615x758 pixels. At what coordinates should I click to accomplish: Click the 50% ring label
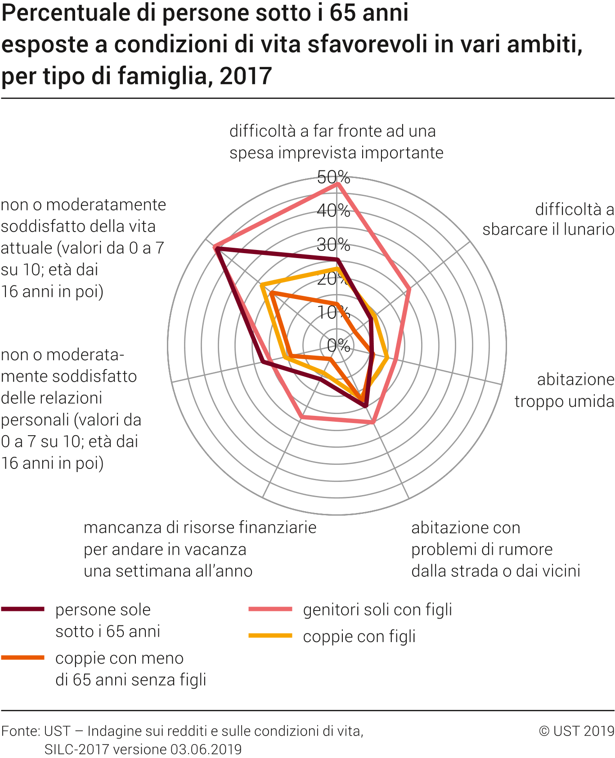point(333,177)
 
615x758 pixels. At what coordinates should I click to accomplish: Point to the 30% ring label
point(333,245)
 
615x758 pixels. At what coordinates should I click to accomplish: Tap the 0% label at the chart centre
point(338,345)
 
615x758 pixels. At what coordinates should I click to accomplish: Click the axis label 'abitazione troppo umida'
point(564,390)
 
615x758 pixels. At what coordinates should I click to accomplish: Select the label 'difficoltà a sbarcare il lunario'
point(548,219)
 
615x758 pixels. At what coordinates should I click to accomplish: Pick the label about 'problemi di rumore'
point(495,549)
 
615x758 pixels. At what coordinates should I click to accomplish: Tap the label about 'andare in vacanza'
point(200,549)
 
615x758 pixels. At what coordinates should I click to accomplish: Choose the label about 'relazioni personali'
point(71,409)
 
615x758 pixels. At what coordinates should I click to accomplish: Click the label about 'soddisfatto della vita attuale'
point(83,248)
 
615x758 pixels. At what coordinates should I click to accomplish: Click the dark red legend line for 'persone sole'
point(23,609)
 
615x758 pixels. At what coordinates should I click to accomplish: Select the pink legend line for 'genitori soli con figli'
point(270,609)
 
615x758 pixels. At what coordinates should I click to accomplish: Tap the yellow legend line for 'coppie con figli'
point(270,636)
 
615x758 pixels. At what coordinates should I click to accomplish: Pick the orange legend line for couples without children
point(23,658)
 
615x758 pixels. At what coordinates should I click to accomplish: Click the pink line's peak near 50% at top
point(337,184)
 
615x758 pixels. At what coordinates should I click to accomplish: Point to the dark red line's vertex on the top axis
point(337,259)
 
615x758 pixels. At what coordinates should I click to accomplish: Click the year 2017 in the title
point(246,76)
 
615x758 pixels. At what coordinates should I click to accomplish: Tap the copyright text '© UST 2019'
point(576,731)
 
